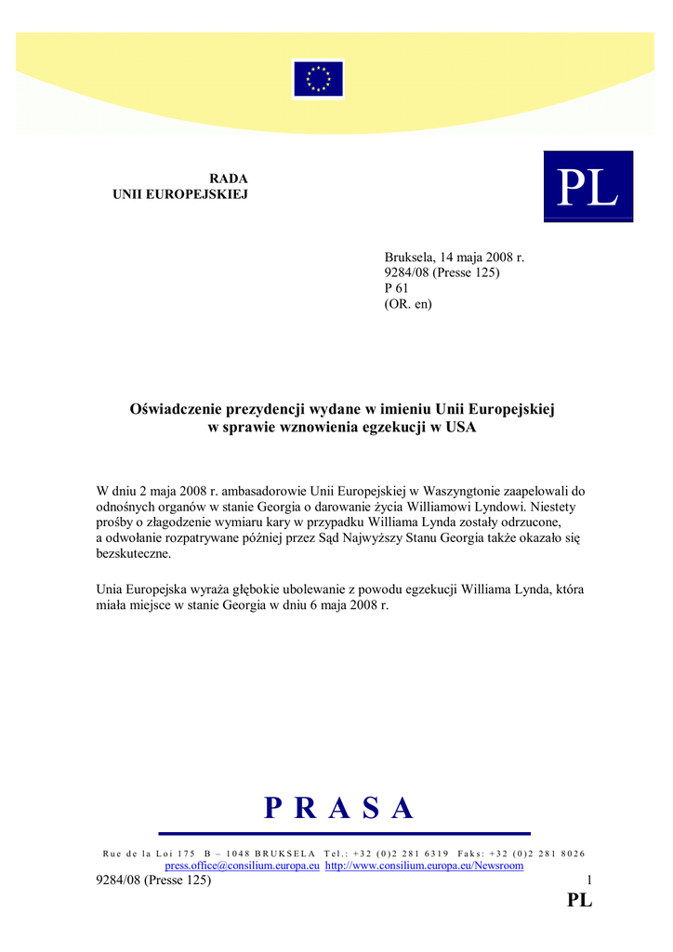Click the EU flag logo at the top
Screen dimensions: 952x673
coord(319,79)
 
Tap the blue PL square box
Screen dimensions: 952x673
coord(587,187)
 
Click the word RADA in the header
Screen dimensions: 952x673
coord(228,178)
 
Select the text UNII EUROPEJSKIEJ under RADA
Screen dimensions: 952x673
coord(180,194)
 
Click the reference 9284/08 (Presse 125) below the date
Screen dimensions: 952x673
coord(442,272)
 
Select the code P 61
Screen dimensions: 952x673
coord(397,288)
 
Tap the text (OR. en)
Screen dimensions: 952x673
coord(408,304)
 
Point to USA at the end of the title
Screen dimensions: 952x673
coord(461,427)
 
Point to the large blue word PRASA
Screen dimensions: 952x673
coord(338,809)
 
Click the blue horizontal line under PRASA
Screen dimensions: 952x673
coord(344,833)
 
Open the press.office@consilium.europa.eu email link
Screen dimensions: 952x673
coord(243,866)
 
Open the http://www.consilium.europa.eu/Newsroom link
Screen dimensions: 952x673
coord(424,866)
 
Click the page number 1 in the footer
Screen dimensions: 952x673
coord(588,880)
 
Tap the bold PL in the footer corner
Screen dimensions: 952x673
coord(579,900)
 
